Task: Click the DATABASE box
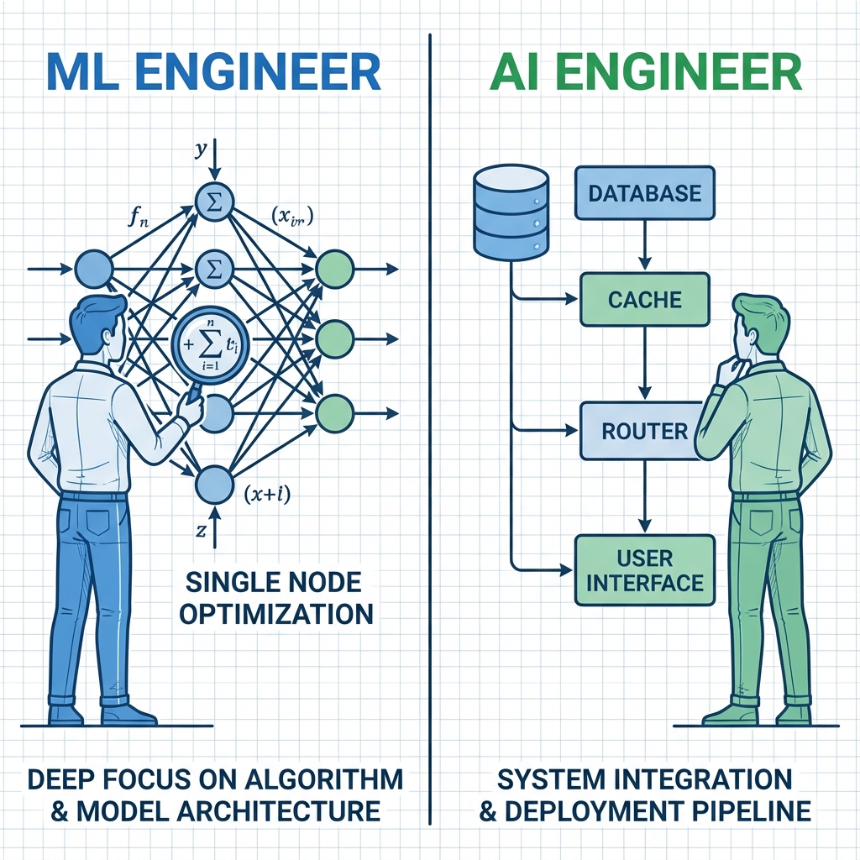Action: (645, 193)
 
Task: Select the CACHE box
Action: (645, 300)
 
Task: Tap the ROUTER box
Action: (645, 431)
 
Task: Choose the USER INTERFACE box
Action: (645, 570)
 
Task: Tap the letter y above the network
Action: (200, 150)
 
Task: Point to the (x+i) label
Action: (266, 495)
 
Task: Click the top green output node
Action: (333, 269)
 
